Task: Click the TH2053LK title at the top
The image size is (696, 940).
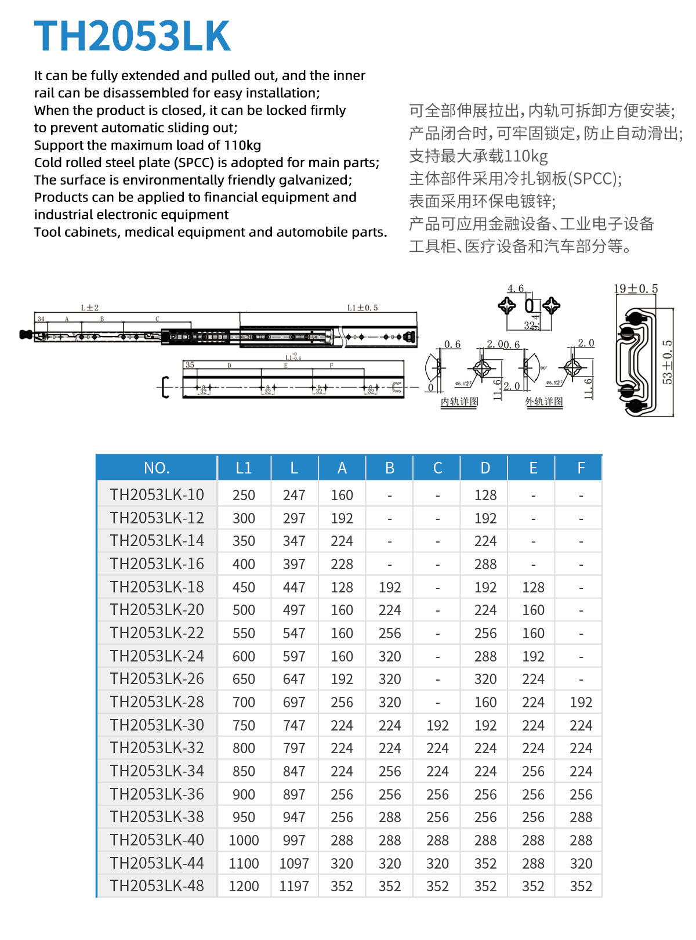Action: pos(132,36)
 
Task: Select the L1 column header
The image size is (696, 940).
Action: pos(244,468)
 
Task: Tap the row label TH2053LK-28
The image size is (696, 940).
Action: pos(157,702)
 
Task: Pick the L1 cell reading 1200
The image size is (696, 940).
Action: pos(244,886)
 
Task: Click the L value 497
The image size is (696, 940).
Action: pos(294,610)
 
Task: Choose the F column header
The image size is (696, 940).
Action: pos(581,468)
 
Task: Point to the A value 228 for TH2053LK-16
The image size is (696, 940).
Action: pos(342,564)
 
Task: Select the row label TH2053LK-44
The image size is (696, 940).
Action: pos(157,863)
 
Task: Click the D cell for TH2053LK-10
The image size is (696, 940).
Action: pos(485,495)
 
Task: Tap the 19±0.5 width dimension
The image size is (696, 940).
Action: pos(636,288)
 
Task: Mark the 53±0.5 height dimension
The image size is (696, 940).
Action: pos(668,362)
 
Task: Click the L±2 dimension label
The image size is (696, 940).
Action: pos(90,308)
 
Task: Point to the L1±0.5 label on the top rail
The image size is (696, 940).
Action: pos(362,308)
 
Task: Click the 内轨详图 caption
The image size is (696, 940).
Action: pos(459,402)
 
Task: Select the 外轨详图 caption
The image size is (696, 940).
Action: pos(543,402)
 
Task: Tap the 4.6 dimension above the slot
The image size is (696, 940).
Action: pos(515,288)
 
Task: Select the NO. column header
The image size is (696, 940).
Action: pos(157,468)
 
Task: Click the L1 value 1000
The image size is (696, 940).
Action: pos(244,840)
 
